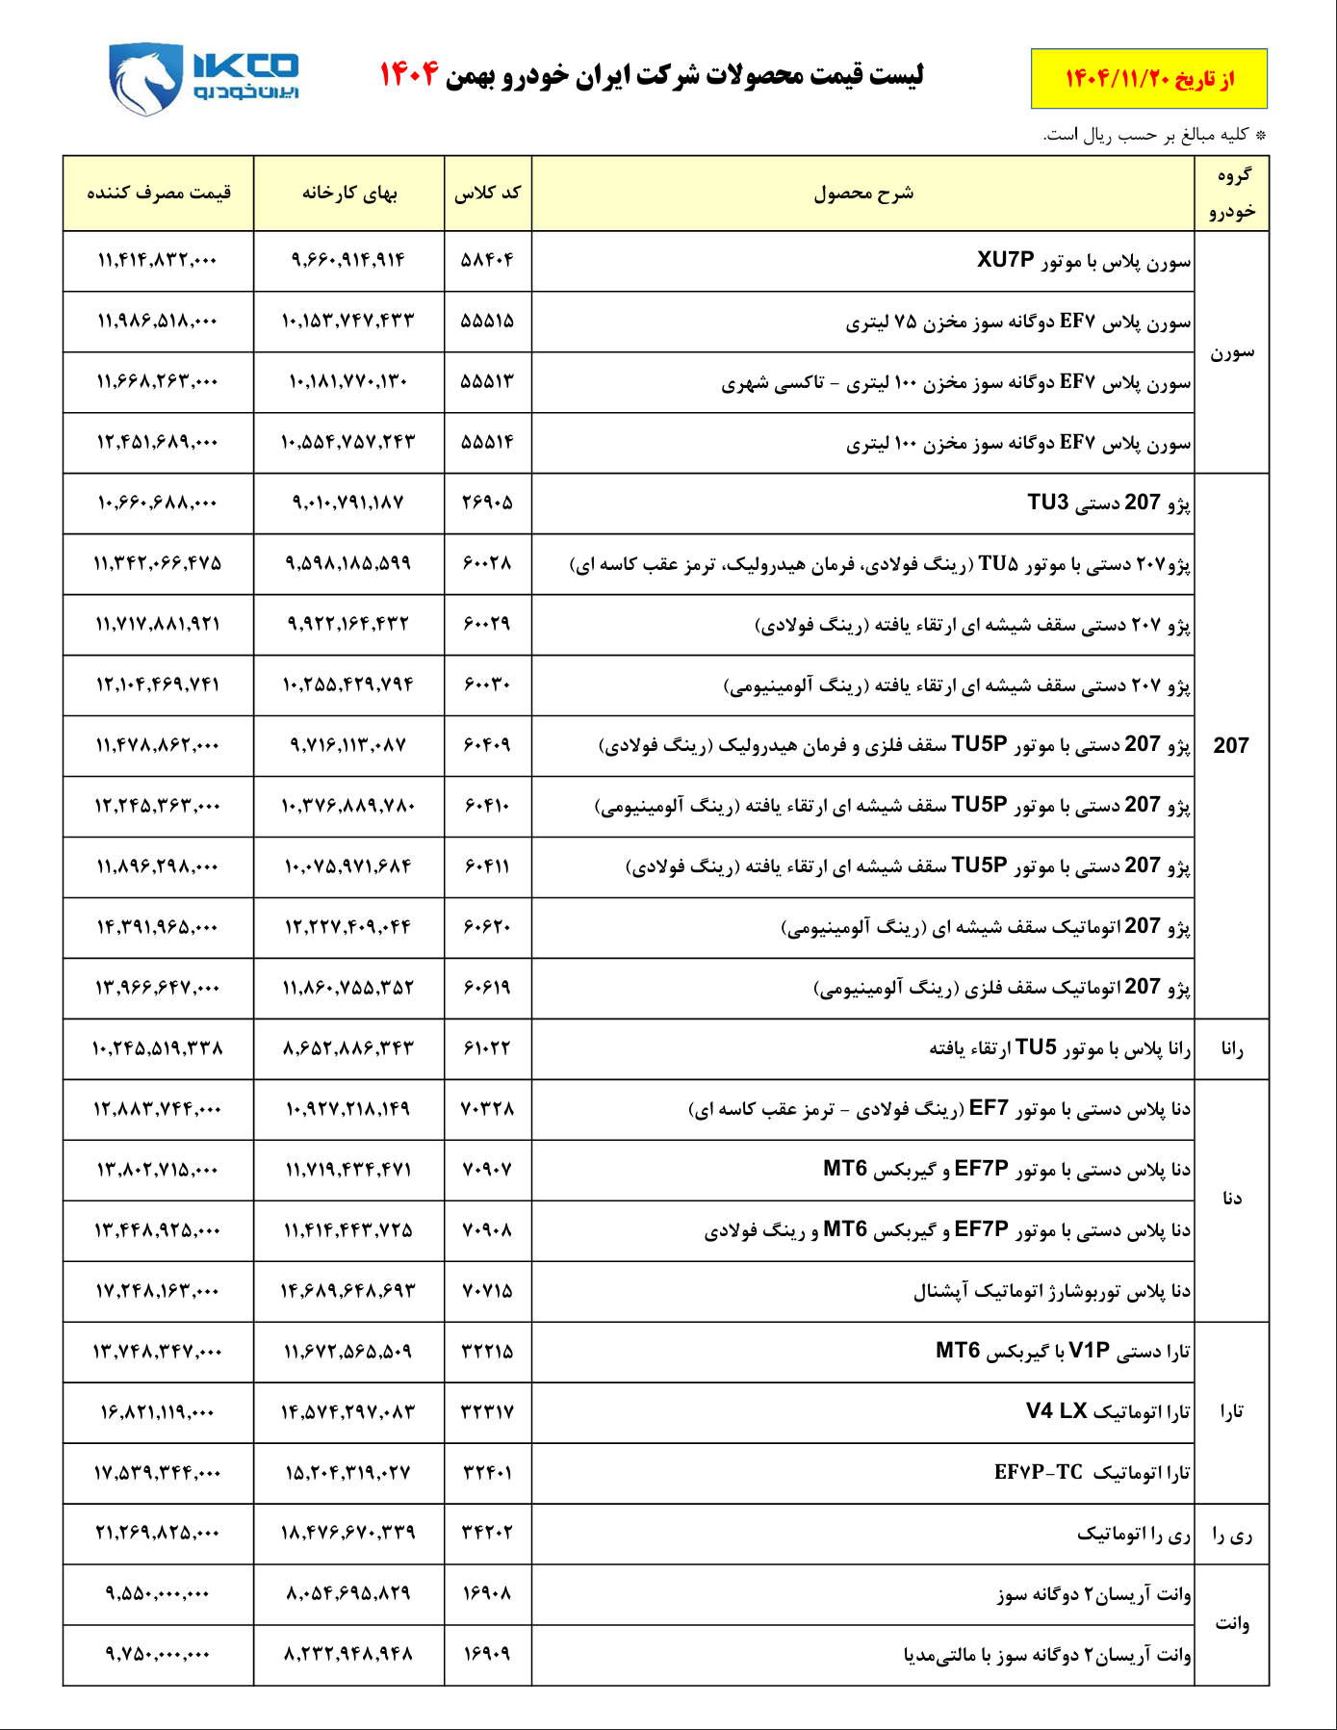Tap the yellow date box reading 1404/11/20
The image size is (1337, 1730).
coord(1148,79)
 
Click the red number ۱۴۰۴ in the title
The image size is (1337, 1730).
coord(409,73)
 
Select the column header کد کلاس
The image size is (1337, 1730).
coord(488,194)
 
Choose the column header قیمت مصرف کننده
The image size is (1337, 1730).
coord(159,194)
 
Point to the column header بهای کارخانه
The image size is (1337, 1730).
coord(349,194)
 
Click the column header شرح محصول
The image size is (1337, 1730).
coord(863,194)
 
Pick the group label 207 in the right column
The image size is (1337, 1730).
coord(1231,745)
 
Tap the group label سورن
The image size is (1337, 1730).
coord(1231,352)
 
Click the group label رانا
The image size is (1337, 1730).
coord(1231,1048)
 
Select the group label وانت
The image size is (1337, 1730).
coord(1231,1624)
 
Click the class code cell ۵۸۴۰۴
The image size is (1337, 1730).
coord(488,260)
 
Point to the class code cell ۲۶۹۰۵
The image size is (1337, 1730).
coord(488,503)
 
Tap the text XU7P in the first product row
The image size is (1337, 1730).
coord(1005,260)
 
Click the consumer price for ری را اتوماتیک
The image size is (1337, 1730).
coord(158,1533)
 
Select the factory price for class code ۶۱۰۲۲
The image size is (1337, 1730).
coord(348,1048)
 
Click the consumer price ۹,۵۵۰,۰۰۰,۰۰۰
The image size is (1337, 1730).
coord(158,1593)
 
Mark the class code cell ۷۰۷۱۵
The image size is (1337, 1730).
coord(488,1290)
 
